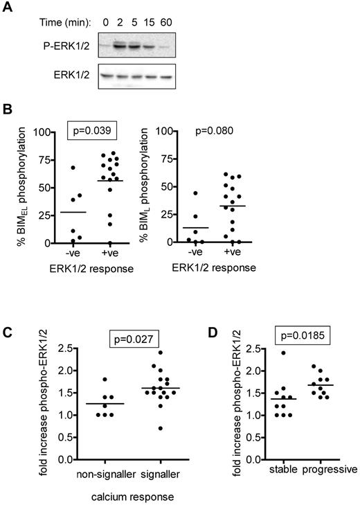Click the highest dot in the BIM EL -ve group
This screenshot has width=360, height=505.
(x=73, y=168)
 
